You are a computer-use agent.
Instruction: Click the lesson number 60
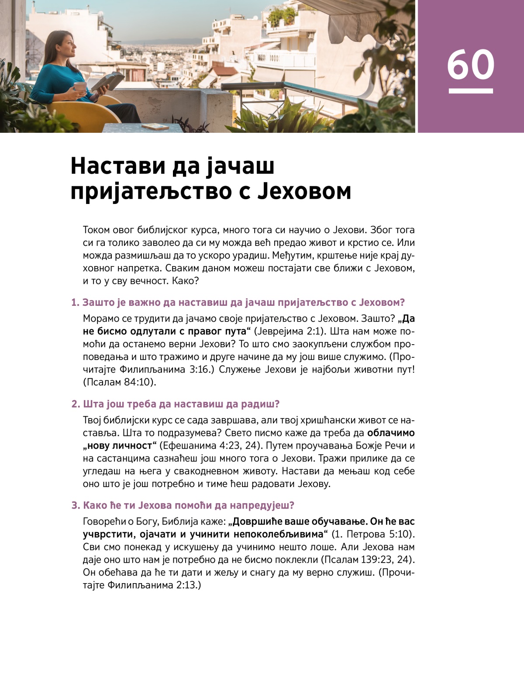pyautogui.click(x=470, y=64)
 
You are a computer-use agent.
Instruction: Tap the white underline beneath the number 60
pyautogui.click(x=471, y=91)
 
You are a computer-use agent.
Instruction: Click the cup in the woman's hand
pyautogui.click(x=80, y=86)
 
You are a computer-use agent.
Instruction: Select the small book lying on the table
pyautogui.click(x=155, y=127)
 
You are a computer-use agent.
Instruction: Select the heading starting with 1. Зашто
pyautogui.click(x=238, y=302)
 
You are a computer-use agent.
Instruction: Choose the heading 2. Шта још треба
pyautogui.click(x=175, y=404)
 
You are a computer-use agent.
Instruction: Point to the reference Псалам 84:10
pyautogui.click(x=119, y=382)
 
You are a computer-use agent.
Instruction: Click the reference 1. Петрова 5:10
pyautogui.click(x=373, y=534)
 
